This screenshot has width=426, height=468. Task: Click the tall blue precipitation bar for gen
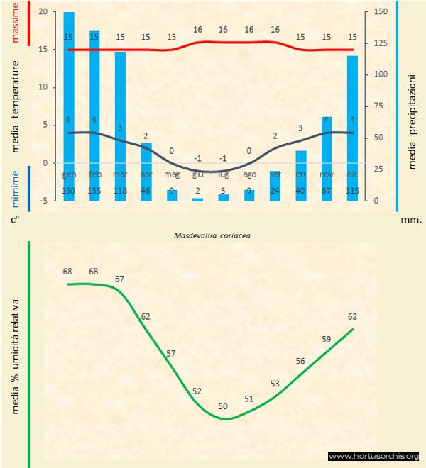(x=69, y=106)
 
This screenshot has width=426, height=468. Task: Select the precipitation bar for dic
(x=352, y=128)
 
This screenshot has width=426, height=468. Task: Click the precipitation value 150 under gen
(x=69, y=191)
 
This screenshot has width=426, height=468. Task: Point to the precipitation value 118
(x=120, y=191)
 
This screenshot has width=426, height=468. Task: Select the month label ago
(x=249, y=174)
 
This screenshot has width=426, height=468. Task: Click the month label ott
(x=301, y=174)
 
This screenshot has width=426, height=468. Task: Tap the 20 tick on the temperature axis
(x=44, y=12)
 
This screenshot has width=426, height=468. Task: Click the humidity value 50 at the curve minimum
(x=223, y=406)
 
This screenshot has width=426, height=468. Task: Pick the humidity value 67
(x=120, y=279)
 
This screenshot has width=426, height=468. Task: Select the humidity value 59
(x=327, y=339)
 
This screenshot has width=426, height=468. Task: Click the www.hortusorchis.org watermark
(x=374, y=456)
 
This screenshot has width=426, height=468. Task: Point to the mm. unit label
(x=410, y=220)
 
